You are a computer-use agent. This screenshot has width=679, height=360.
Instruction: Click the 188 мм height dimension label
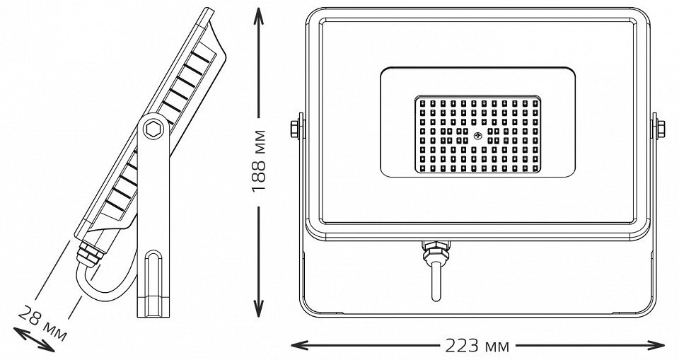pyautogui.click(x=258, y=161)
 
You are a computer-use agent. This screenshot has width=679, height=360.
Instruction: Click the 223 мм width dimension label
pyautogui.click(x=477, y=346)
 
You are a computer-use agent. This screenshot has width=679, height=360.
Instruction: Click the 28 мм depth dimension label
pyautogui.click(x=42, y=323)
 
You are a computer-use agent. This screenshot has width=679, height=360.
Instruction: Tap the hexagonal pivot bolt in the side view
pyautogui.click(x=153, y=129)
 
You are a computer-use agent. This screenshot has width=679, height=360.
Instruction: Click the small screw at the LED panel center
pyautogui.click(x=477, y=136)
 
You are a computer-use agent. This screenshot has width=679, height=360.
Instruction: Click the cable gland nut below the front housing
pyautogui.click(x=436, y=250)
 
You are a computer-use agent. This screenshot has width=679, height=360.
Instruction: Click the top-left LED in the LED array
pyautogui.click(x=422, y=103)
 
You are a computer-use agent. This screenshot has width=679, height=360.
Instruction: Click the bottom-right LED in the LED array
pyautogui.click(x=535, y=168)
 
